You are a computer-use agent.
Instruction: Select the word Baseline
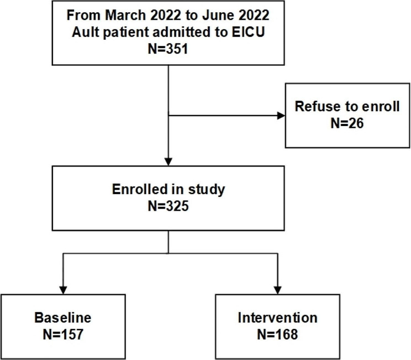pyautogui.click(x=62, y=318)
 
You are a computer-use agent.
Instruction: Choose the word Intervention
pyautogui.click(x=277, y=318)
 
